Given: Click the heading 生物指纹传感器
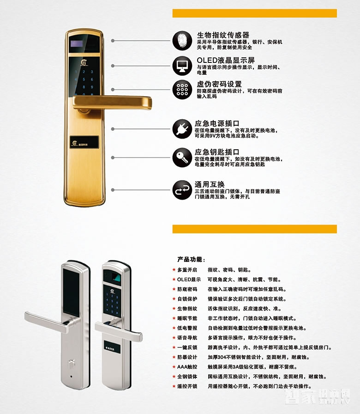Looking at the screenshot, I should coord(223,35).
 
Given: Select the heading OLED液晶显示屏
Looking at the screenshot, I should coord(226,60).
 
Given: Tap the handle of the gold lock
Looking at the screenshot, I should coord(115,102).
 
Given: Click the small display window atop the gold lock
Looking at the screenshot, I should coord(76,45).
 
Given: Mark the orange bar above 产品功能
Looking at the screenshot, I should coord(254,229).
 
